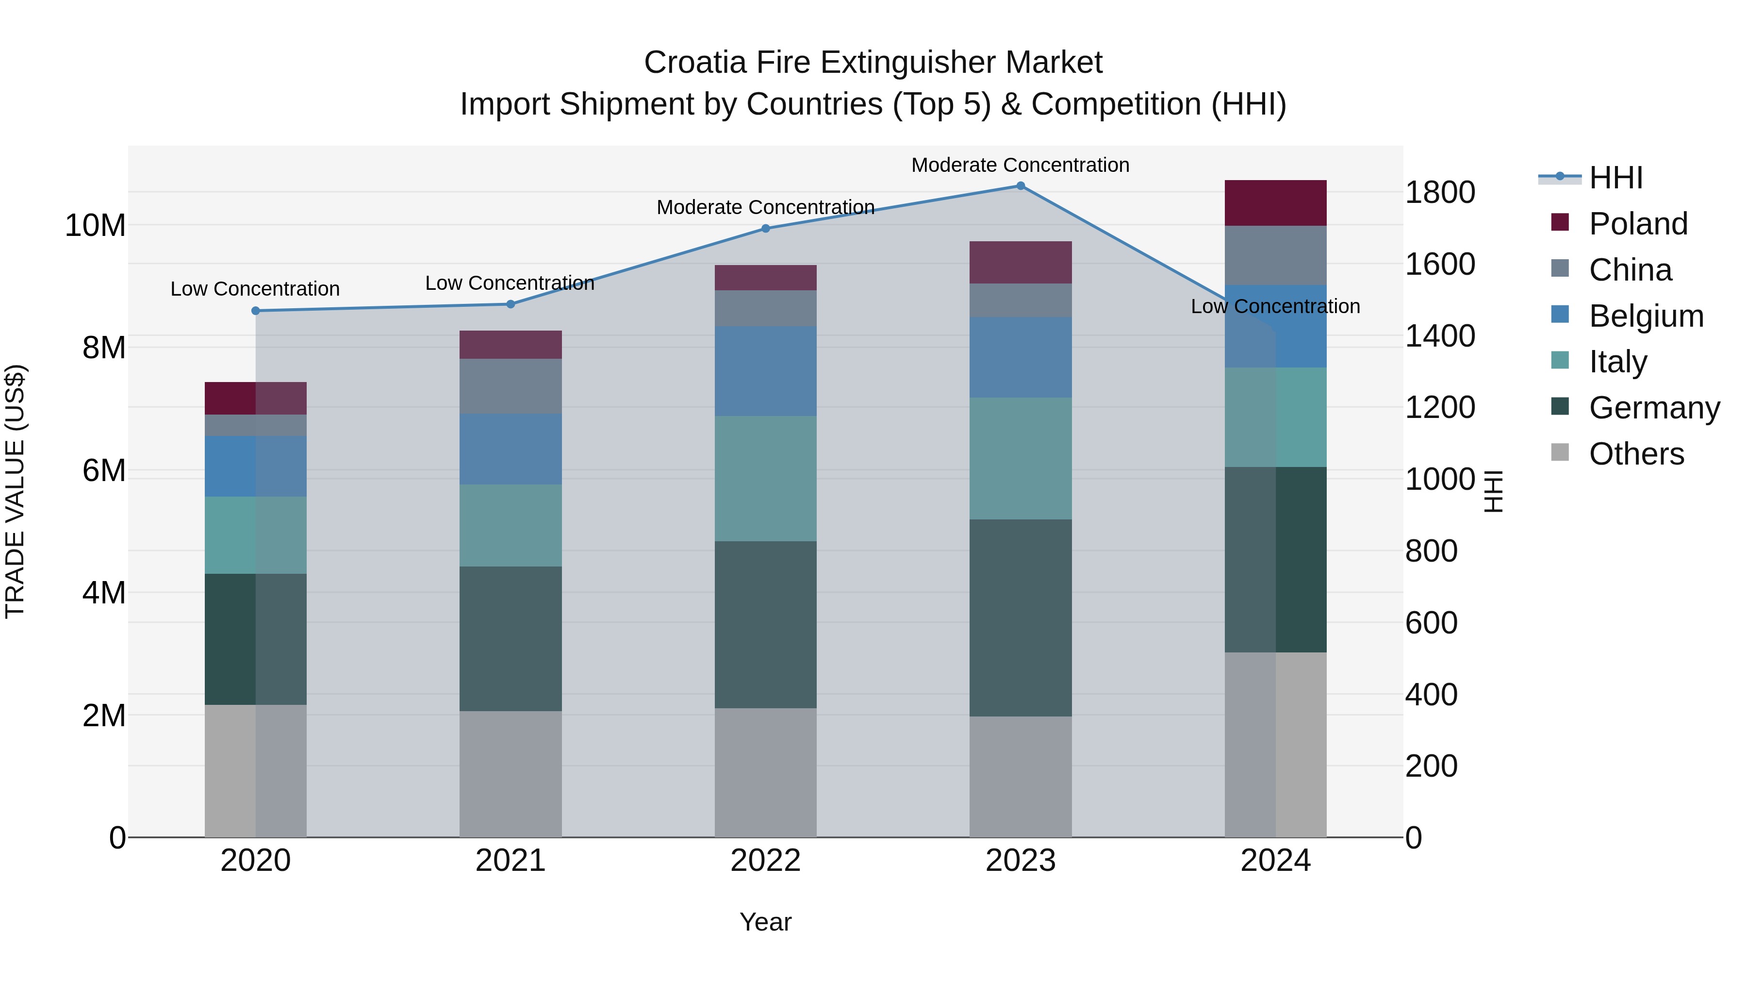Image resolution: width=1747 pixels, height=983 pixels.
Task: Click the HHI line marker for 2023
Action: coord(1020,186)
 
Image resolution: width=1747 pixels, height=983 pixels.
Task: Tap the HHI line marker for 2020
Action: coord(256,311)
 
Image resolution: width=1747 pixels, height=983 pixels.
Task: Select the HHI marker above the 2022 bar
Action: coord(766,229)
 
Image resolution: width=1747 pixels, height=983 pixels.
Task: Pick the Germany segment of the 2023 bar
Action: coord(1020,617)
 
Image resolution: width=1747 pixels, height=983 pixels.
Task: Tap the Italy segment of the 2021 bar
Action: coord(510,525)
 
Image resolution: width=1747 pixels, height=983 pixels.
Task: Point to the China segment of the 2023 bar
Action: coord(1020,300)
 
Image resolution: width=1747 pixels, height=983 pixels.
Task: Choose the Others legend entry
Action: coord(1636,454)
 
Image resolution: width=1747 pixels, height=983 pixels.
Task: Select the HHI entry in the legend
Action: coord(1615,178)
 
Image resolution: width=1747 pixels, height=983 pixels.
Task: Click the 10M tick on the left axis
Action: coord(95,225)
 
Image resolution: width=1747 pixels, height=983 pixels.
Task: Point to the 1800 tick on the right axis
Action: coord(1439,193)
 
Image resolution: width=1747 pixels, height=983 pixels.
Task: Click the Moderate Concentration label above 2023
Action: coord(1020,165)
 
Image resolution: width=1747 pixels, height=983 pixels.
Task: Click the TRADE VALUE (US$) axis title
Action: coord(15,491)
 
